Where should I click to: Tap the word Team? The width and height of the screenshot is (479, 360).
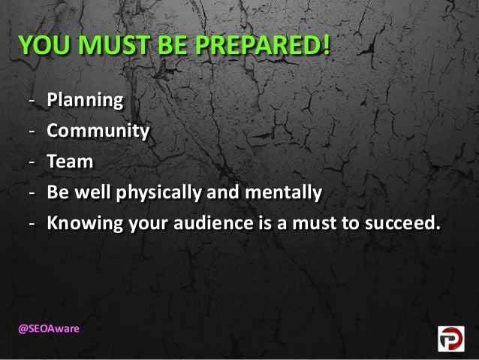[x=71, y=162]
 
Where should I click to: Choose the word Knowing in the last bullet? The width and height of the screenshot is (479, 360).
[x=80, y=223]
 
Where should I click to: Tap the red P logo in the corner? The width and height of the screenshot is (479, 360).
[x=453, y=339]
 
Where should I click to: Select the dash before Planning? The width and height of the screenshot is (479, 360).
[x=32, y=101]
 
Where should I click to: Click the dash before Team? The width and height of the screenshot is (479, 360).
[x=32, y=162]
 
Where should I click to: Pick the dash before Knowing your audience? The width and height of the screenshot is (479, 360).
[x=32, y=224]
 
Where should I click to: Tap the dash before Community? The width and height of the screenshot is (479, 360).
[x=32, y=132]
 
